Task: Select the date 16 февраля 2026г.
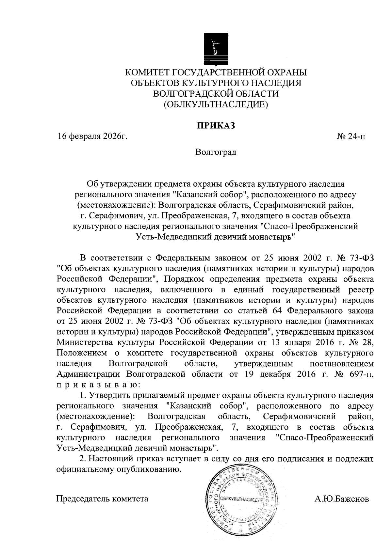tap(92, 136)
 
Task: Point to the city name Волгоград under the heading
tap(216, 152)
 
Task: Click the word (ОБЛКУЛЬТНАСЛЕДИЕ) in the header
tap(216, 104)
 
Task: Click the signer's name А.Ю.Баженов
tap(342, 499)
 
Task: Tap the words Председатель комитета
tap(103, 499)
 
